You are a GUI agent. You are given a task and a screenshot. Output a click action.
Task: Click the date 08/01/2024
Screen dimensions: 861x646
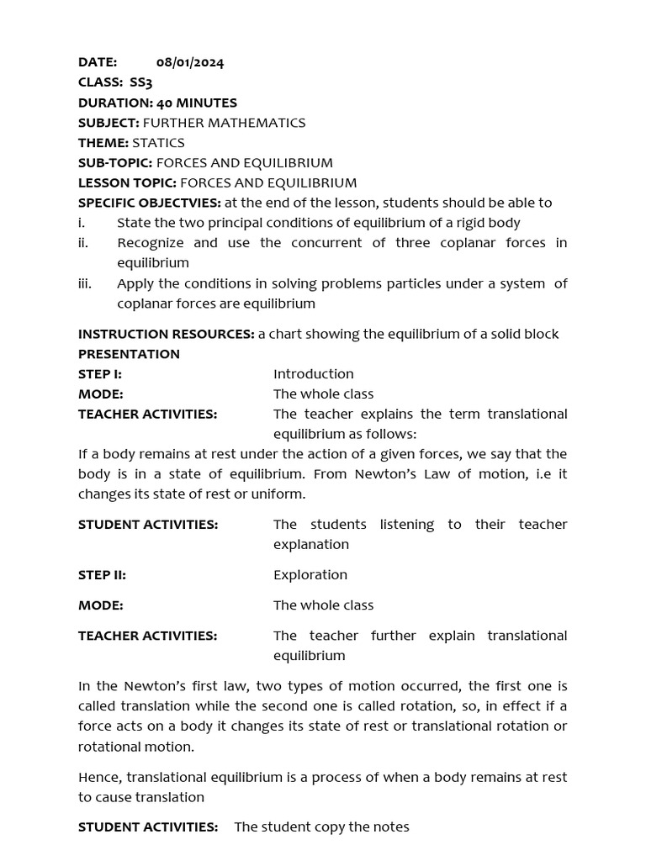[190, 62]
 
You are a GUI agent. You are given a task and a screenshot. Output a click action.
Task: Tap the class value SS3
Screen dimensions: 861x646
[140, 82]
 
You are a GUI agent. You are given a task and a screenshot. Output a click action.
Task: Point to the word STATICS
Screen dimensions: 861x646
[158, 143]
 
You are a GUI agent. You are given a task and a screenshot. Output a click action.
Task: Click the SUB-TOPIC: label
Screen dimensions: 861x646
[115, 163]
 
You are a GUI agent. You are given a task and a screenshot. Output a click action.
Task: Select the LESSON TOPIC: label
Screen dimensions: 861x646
[127, 182]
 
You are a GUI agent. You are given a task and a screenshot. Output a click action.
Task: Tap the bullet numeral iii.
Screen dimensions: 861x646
[85, 283]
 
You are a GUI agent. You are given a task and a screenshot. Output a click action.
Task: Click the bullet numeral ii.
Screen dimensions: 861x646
[83, 243]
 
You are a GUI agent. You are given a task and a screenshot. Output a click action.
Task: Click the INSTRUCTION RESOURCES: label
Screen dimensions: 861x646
[166, 334]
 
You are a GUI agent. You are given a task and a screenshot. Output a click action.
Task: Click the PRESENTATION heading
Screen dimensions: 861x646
[129, 354]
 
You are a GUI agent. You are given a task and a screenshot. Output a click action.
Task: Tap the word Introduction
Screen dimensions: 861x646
[313, 374]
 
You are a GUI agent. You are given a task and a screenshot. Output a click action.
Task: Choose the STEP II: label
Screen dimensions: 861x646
[102, 575]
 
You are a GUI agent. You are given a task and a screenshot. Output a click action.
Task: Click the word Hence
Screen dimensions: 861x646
[98, 777]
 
